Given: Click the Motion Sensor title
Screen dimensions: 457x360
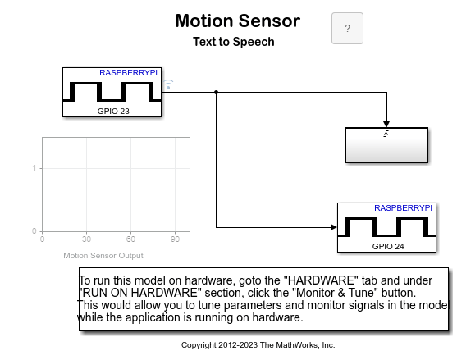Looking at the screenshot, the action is click(x=238, y=21).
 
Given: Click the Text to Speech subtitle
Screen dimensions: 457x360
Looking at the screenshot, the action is click(x=234, y=42).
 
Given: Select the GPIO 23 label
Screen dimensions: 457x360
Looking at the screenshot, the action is click(x=113, y=111).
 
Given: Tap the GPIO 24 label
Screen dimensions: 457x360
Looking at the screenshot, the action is click(x=388, y=246).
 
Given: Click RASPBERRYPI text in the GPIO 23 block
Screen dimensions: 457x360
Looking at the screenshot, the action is click(x=128, y=72).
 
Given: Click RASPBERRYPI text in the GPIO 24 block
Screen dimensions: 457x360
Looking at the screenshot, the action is click(x=403, y=208).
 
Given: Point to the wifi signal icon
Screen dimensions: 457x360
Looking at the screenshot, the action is click(x=168, y=84).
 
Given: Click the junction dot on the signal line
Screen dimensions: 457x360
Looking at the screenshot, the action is click(x=216, y=93).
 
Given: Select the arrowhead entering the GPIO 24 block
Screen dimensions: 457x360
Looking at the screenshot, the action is click(x=334, y=227).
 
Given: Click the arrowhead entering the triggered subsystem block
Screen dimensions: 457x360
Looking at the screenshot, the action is click(x=386, y=125).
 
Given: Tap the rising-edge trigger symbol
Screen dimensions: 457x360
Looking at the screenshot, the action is click(x=386, y=134).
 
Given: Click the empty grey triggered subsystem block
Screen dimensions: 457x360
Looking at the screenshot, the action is click(x=386, y=145).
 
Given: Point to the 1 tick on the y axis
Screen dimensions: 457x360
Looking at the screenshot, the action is click(x=34, y=168).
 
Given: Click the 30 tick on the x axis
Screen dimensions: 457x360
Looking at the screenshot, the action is click(x=86, y=239).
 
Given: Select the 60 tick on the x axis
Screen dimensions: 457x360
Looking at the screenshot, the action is click(x=130, y=239).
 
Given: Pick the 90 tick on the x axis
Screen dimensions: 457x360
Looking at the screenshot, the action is click(x=175, y=239).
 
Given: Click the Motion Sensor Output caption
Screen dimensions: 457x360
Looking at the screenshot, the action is click(x=103, y=255).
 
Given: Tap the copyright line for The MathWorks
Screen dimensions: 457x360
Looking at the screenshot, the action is click(x=258, y=345).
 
